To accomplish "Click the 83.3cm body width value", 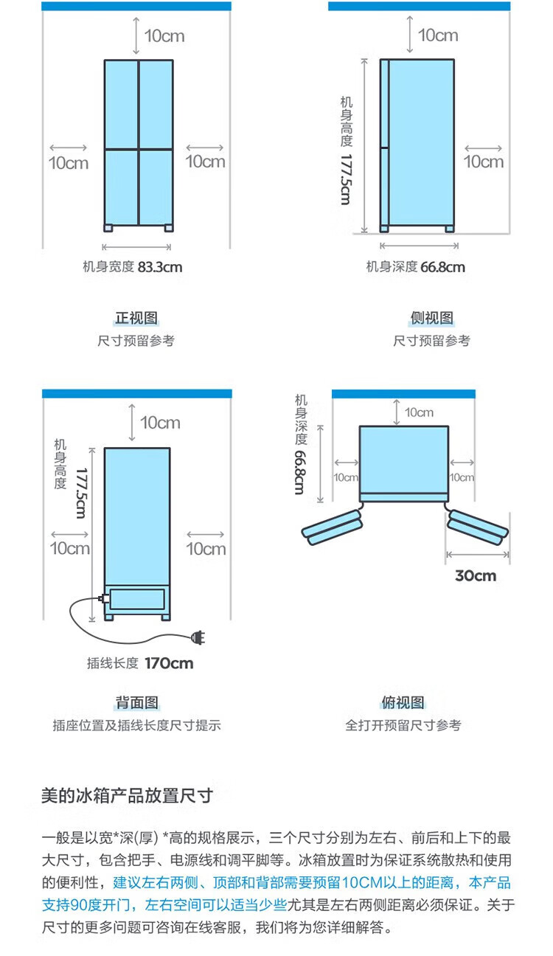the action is coord(160,267).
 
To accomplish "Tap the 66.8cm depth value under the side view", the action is coord(442,267).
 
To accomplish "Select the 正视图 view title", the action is coord(136,318).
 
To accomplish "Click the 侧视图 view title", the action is coord(432,318).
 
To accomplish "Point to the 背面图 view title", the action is coord(136,702).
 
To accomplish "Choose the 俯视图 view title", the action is coord(403,702).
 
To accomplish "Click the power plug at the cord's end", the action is coord(198,637).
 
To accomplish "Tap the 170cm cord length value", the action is coord(169,663).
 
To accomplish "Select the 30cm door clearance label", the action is coord(476,575).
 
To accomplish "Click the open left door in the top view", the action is coord(332,527).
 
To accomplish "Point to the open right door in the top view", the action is coord(478,527).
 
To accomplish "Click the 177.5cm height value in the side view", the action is coord(346,180).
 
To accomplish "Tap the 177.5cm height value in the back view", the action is coord(81,493).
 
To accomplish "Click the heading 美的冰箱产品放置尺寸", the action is coord(127,796).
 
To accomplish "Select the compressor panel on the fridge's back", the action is coord(137,599).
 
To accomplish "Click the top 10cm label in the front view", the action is coord(164,36).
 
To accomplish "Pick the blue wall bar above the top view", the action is coord(403,394).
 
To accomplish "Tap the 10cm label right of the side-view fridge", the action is coord(484,162).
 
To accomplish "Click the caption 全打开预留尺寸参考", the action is coord(403,725).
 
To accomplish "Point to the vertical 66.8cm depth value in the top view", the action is coord(300,472).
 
